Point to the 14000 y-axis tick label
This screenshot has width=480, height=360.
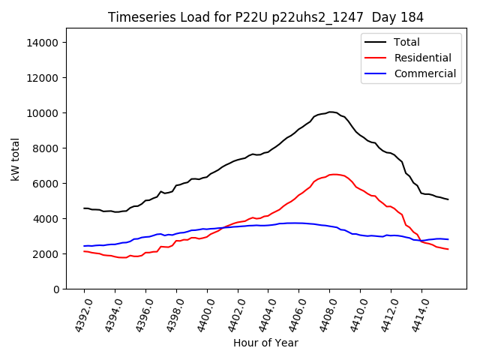pyautogui.click(x=43, y=43)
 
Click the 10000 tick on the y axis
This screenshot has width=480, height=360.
pyautogui.click(x=43, y=113)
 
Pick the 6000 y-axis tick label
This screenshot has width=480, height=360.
pyautogui.click(x=46, y=184)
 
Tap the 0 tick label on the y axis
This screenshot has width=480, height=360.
pyautogui.click(x=56, y=289)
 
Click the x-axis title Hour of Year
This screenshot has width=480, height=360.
pyautogui.click(x=265, y=343)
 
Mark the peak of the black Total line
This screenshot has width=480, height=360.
pyautogui.click(x=331, y=112)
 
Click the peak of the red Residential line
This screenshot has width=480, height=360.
pyautogui.click(x=334, y=174)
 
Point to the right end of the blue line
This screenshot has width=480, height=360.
pyautogui.click(x=448, y=239)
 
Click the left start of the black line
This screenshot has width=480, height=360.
pyautogui.click(x=84, y=208)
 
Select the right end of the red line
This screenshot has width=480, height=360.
pyautogui.click(x=448, y=249)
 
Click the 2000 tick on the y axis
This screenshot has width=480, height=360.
pyautogui.click(x=46, y=254)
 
